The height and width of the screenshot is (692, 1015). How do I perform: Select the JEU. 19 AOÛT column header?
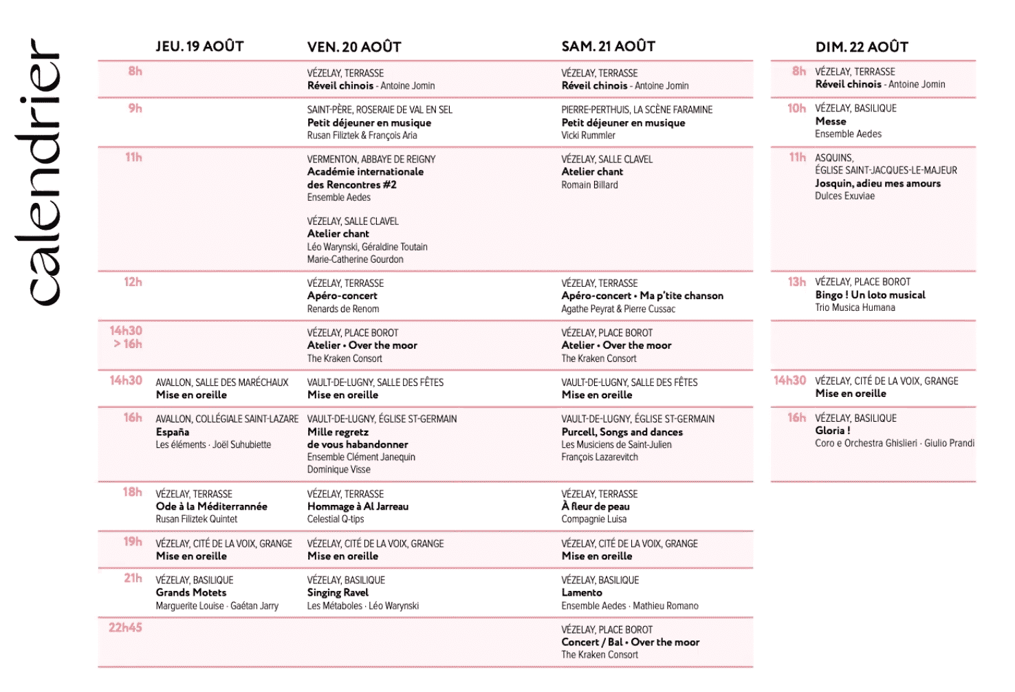point(199,46)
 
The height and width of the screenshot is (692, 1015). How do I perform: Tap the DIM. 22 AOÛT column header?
point(862,47)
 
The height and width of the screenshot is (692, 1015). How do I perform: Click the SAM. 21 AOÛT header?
point(608,46)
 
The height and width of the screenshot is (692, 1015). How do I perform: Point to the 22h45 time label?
point(125,627)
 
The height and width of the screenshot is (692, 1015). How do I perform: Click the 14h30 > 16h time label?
point(127,337)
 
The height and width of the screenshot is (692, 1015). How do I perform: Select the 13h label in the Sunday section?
point(797,282)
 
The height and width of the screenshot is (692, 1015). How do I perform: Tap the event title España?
point(173,432)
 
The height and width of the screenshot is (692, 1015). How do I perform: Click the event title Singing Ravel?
point(338,592)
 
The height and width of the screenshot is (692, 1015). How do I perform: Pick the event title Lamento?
point(582,592)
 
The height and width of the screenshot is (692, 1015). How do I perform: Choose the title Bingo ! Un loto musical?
point(870,294)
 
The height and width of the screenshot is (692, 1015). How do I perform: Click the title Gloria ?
point(833,431)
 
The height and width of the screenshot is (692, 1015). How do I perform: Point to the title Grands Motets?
point(191,592)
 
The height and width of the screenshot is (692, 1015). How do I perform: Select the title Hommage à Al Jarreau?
point(358,506)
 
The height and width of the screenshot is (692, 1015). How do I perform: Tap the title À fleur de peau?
point(596,506)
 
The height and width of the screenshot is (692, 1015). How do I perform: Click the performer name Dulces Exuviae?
point(844,196)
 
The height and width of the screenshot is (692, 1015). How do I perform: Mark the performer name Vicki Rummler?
point(588,136)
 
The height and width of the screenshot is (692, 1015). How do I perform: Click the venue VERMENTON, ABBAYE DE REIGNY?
point(371,159)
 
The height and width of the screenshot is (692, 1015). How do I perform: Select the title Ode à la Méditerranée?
point(212,506)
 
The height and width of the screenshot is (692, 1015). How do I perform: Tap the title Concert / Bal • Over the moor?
point(630,642)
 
